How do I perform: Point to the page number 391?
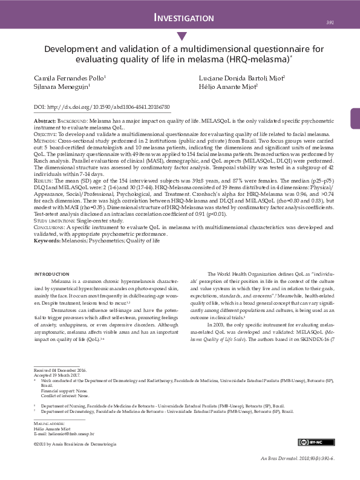tap(330, 22)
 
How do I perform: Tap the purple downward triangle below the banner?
tap(180, 37)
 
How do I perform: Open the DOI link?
tap(102, 106)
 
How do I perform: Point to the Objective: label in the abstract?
tap(46, 134)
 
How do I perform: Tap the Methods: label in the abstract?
tap(45, 140)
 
